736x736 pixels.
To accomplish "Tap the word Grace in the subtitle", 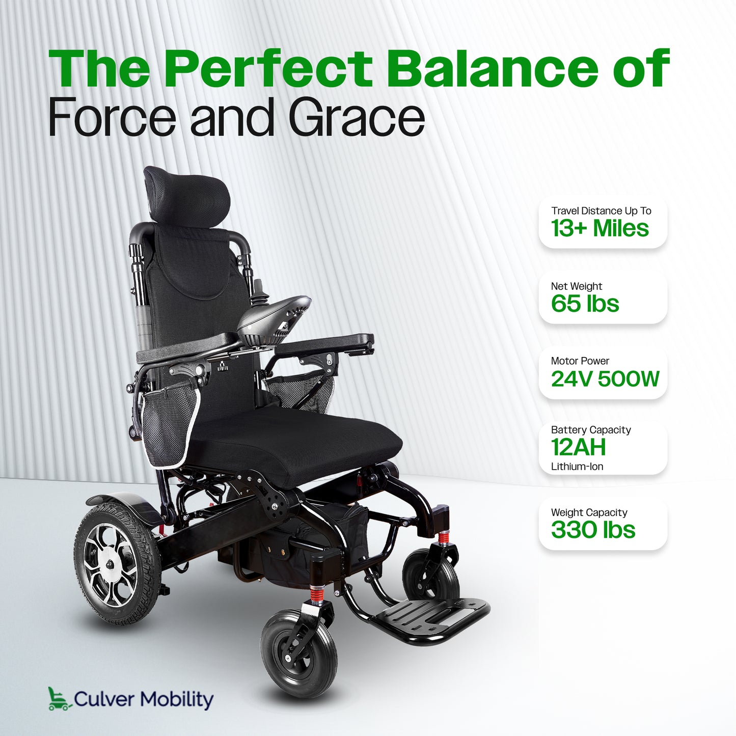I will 356,118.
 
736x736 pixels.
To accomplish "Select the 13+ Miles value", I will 599,228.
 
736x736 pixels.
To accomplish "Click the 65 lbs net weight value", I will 585,304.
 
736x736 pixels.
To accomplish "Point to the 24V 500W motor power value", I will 605,379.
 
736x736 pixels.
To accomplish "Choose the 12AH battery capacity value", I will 578,448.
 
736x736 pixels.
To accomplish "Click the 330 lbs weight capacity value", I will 593,530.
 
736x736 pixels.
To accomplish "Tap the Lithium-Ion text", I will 577,467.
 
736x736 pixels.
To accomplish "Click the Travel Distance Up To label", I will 601,211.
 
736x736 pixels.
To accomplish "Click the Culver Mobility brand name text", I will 144,699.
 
